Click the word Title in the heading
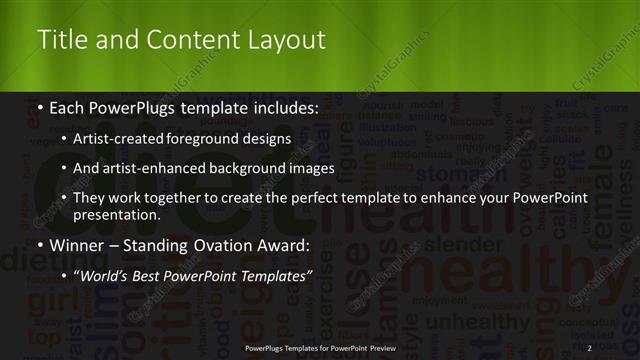[x=59, y=40]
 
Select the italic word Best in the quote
[x=158, y=275]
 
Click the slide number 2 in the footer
[x=590, y=347]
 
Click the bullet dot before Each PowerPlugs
[x=41, y=108]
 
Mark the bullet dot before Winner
[x=41, y=246]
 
